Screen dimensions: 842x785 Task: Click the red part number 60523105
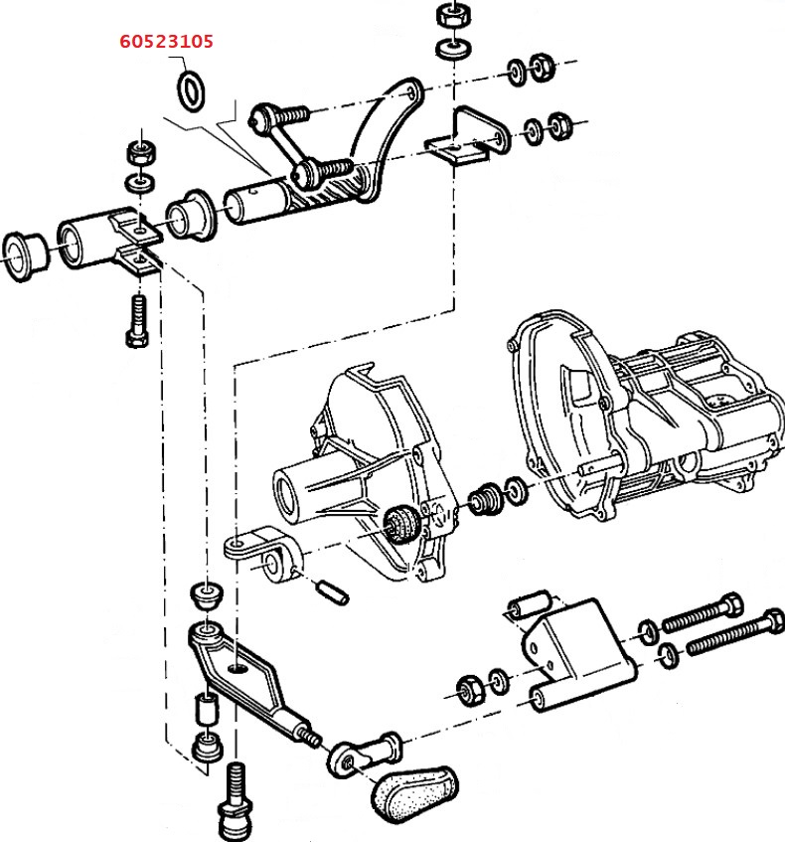[x=166, y=43]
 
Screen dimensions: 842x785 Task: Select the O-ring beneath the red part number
[x=192, y=89]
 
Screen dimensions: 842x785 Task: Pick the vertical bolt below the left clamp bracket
[x=137, y=320]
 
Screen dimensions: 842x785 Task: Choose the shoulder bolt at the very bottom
[x=235, y=802]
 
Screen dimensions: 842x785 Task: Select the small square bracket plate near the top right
[x=461, y=142]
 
